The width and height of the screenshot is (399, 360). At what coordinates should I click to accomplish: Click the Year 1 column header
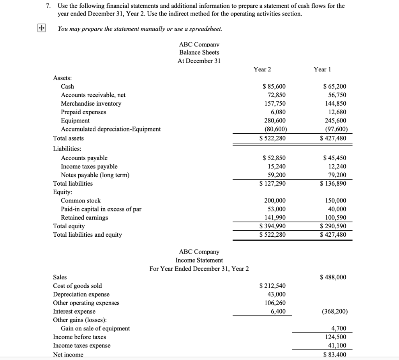(x=322, y=69)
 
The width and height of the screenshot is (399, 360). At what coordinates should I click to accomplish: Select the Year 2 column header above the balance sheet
(x=262, y=69)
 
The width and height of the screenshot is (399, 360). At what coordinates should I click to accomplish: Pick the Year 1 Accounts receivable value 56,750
(x=335, y=95)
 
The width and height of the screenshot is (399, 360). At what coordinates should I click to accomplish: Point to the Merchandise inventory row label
(x=91, y=104)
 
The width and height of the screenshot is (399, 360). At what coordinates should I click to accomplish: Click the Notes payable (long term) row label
(x=95, y=175)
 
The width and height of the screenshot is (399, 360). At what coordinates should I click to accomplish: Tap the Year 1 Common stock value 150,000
(x=335, y=200)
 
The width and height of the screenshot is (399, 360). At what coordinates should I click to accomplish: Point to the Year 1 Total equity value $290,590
(x=333, y=226)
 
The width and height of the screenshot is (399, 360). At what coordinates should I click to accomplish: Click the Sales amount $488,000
(x=333, y=277)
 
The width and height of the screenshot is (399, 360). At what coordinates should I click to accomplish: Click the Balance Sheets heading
(x=199, y=52)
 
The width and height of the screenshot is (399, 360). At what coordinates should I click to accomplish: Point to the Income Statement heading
(x=199, y=260)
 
